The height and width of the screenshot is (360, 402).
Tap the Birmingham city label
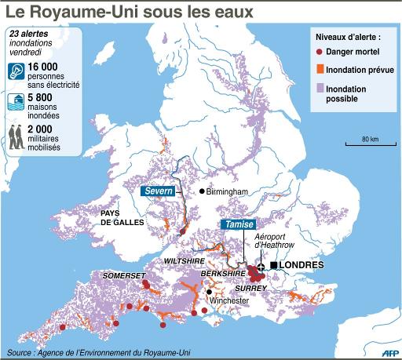point(228,191)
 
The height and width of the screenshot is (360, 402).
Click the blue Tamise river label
point(238,224)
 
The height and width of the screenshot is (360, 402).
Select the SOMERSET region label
point(125,276)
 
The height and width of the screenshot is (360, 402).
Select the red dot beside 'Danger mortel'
point(319,53)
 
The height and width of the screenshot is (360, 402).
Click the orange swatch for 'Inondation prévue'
point(319,70)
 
